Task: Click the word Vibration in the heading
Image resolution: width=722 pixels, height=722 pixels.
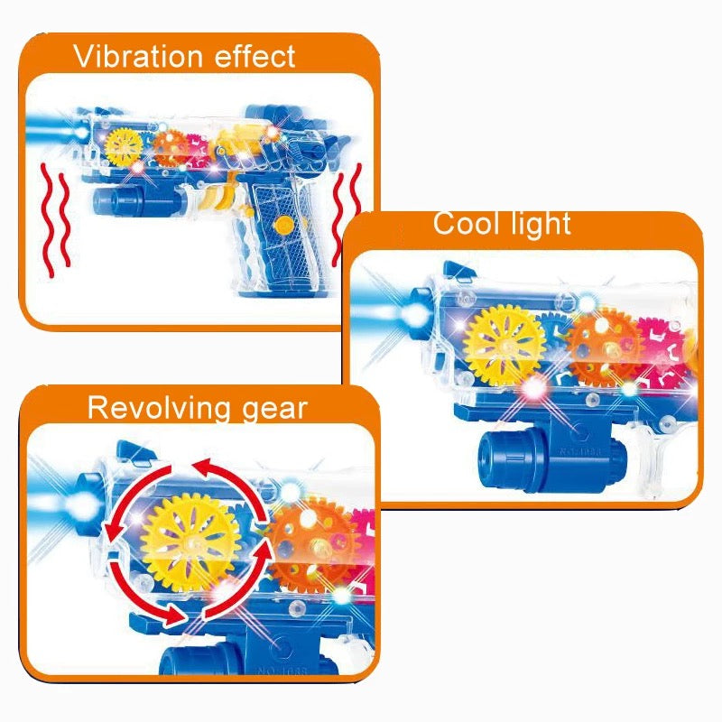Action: click(x=136, y=57)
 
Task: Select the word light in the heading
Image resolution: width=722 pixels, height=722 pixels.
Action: click(x=540, y=222)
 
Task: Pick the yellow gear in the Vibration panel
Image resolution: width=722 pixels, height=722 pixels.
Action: click(x=124, y=145)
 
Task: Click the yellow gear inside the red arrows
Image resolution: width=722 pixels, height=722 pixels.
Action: click(x=191, y=541)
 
